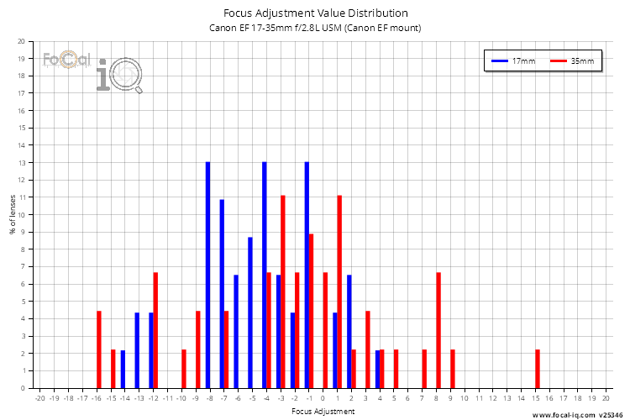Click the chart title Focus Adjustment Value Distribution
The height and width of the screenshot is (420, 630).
coord(315,13)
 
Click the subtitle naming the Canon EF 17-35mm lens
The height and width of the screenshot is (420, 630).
coord(315,28)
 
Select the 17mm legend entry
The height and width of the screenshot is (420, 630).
coord(513,61)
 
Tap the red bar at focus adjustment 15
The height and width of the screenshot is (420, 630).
coord(538,369)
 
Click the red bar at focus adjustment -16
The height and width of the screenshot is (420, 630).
coord(99,349)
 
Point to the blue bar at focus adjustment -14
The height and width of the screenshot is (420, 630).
coord(123,369)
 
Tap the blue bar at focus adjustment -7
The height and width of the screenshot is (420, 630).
coord(222,293)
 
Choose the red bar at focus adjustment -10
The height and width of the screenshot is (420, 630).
coord(184,369)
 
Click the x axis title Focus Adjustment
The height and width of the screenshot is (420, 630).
coord(323,412)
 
